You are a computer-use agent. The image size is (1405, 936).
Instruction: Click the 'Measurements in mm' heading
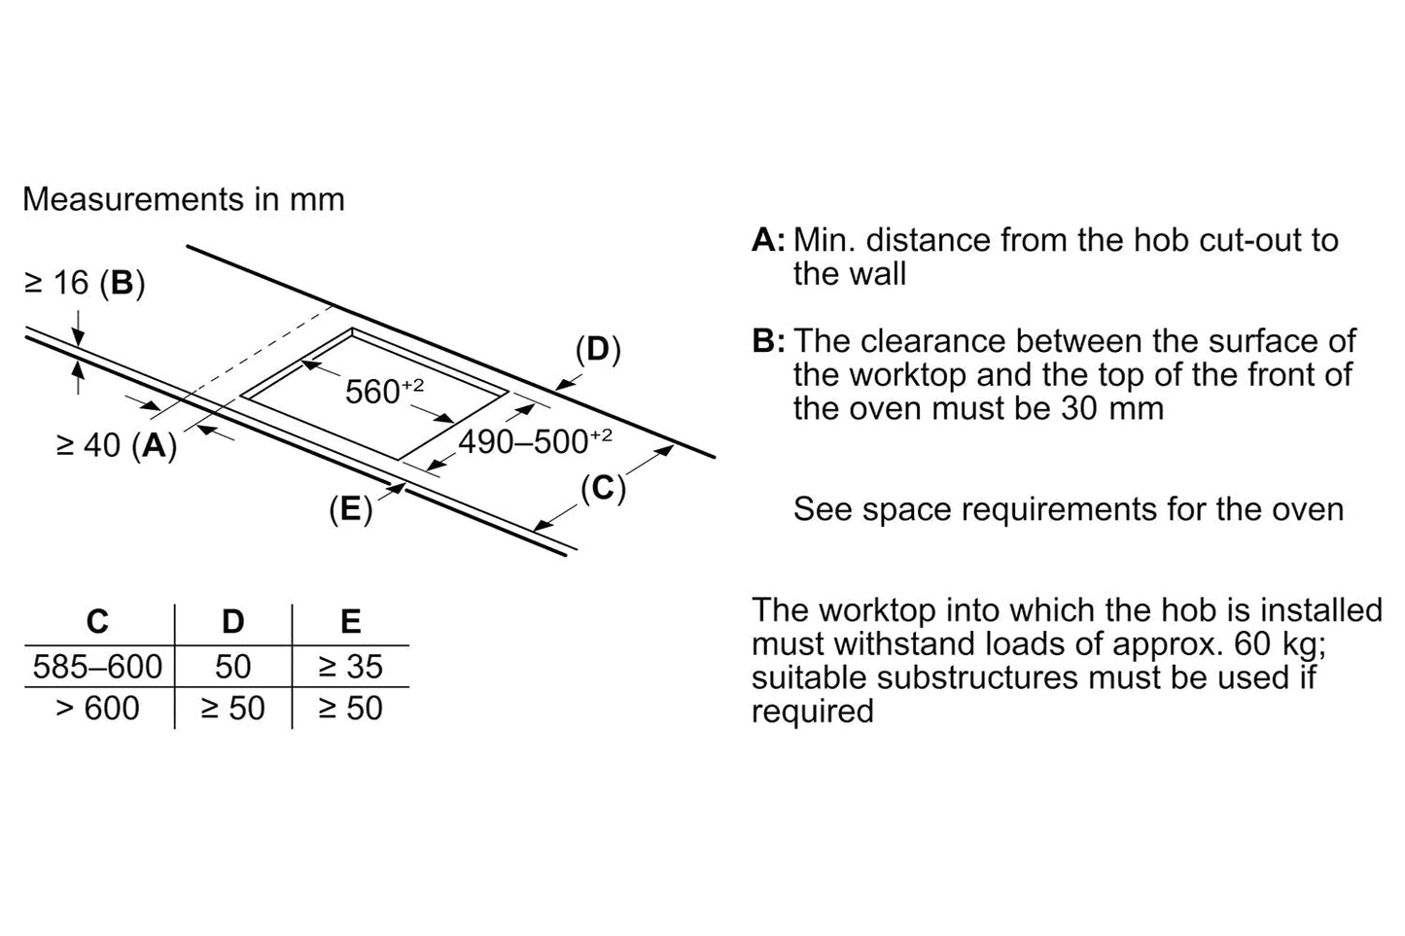pyautogui.click(x=184, y=199)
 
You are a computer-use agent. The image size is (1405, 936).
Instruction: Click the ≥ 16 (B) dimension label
pyautogui.click(x=85, y=283)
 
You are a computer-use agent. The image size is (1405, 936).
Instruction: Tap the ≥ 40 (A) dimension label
pyautogui.click(x=117, y=445)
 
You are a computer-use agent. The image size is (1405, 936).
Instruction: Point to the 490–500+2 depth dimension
pyautogui.click(x=534, y=441)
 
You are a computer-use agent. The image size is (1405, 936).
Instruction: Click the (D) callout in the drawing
pyautogui.click(x=597, y=350)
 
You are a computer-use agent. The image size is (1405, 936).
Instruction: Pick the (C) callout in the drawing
pyautogui.click(x=603, y=488)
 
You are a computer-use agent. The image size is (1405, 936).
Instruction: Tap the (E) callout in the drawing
pyautogui.click(x=350, y=508)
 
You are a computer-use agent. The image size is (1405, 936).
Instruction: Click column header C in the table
pyautogui.click(x=97, y=621)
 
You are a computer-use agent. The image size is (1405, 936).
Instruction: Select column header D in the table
pyautogui.click(x=233, y=621)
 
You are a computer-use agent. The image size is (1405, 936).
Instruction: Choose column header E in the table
pyautogui.click(x=350, y=621)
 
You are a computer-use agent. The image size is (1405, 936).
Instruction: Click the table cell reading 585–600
pyautogui.click(x=97, y=667)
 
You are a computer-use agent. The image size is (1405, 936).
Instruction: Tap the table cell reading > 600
pyautogui.click(x=97, y=709)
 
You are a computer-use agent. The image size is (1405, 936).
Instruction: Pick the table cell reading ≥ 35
pyautogui.click(x=350, y=667)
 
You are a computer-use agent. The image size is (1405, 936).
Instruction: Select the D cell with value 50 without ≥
pyautogui.click(x=233, y=667)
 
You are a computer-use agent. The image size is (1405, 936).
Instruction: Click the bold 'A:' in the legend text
pyautogui.click(x=768, y=240)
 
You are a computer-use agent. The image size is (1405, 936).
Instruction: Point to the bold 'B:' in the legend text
pyautogui.click(x=768, y=341)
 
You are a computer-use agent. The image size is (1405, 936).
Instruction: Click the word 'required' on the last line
pyautogui.click(x=812, y=711)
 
